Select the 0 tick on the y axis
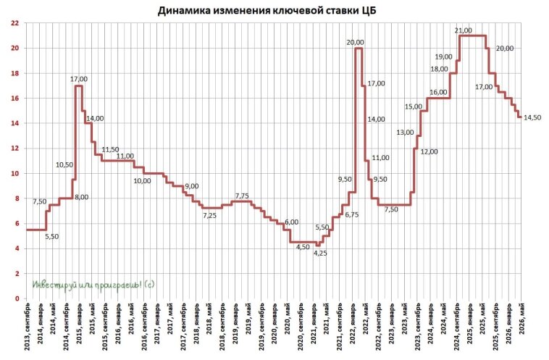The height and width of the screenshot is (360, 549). [17, 298]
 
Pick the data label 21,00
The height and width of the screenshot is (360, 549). [463, 30]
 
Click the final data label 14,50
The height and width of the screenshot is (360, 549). [532, 117]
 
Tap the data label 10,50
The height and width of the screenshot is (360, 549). [64, 165]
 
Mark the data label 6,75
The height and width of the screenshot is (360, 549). [352, 215]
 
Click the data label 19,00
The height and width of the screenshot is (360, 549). [443, 56]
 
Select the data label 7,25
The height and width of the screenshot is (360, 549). [209, 216]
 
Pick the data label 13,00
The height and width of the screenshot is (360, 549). [405, 133]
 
